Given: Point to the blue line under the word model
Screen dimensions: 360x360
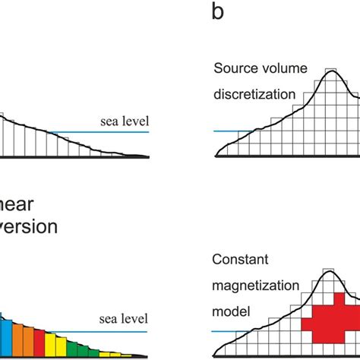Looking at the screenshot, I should coord(227,331).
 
